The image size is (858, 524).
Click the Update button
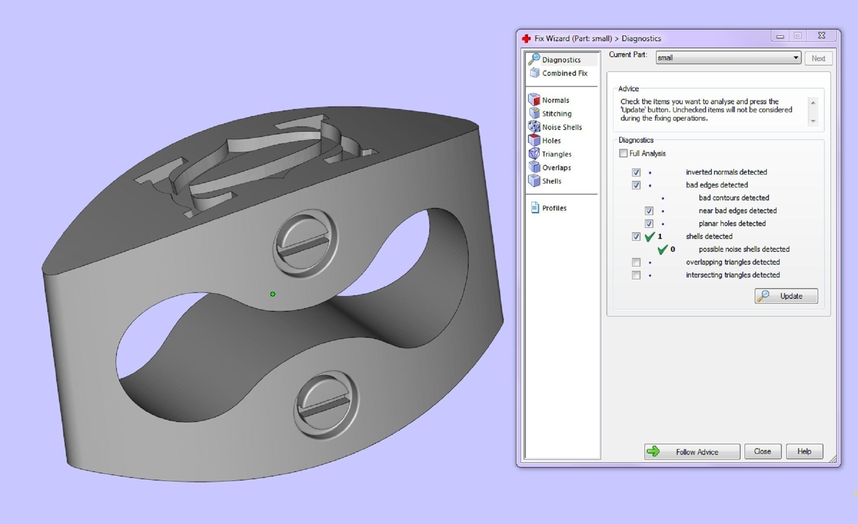tap(786, 296)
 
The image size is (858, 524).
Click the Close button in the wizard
tap(762, 451)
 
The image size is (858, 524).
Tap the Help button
tap(804, 451)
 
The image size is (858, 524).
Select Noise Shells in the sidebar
tap(562, 127)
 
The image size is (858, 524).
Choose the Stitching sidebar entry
tap(556, 114)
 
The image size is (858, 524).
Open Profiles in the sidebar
tap(554, 208)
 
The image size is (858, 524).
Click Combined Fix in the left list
tap(564, 73)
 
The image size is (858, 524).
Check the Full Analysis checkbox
tap(623, 153)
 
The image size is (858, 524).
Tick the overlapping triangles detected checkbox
tap(636, 262)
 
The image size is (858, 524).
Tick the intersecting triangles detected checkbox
tap(636, 275)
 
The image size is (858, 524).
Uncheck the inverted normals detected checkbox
tap(636, 172)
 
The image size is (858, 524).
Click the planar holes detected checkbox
tap(649, 224)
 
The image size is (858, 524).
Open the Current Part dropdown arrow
tap(796, 58)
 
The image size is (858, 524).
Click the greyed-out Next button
tap(818, 59)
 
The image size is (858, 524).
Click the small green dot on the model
tap(273, 294)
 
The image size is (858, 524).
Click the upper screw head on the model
tap(305, 243)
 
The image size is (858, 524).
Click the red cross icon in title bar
tap(526, 39)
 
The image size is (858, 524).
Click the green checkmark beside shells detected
tap(649, 237)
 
